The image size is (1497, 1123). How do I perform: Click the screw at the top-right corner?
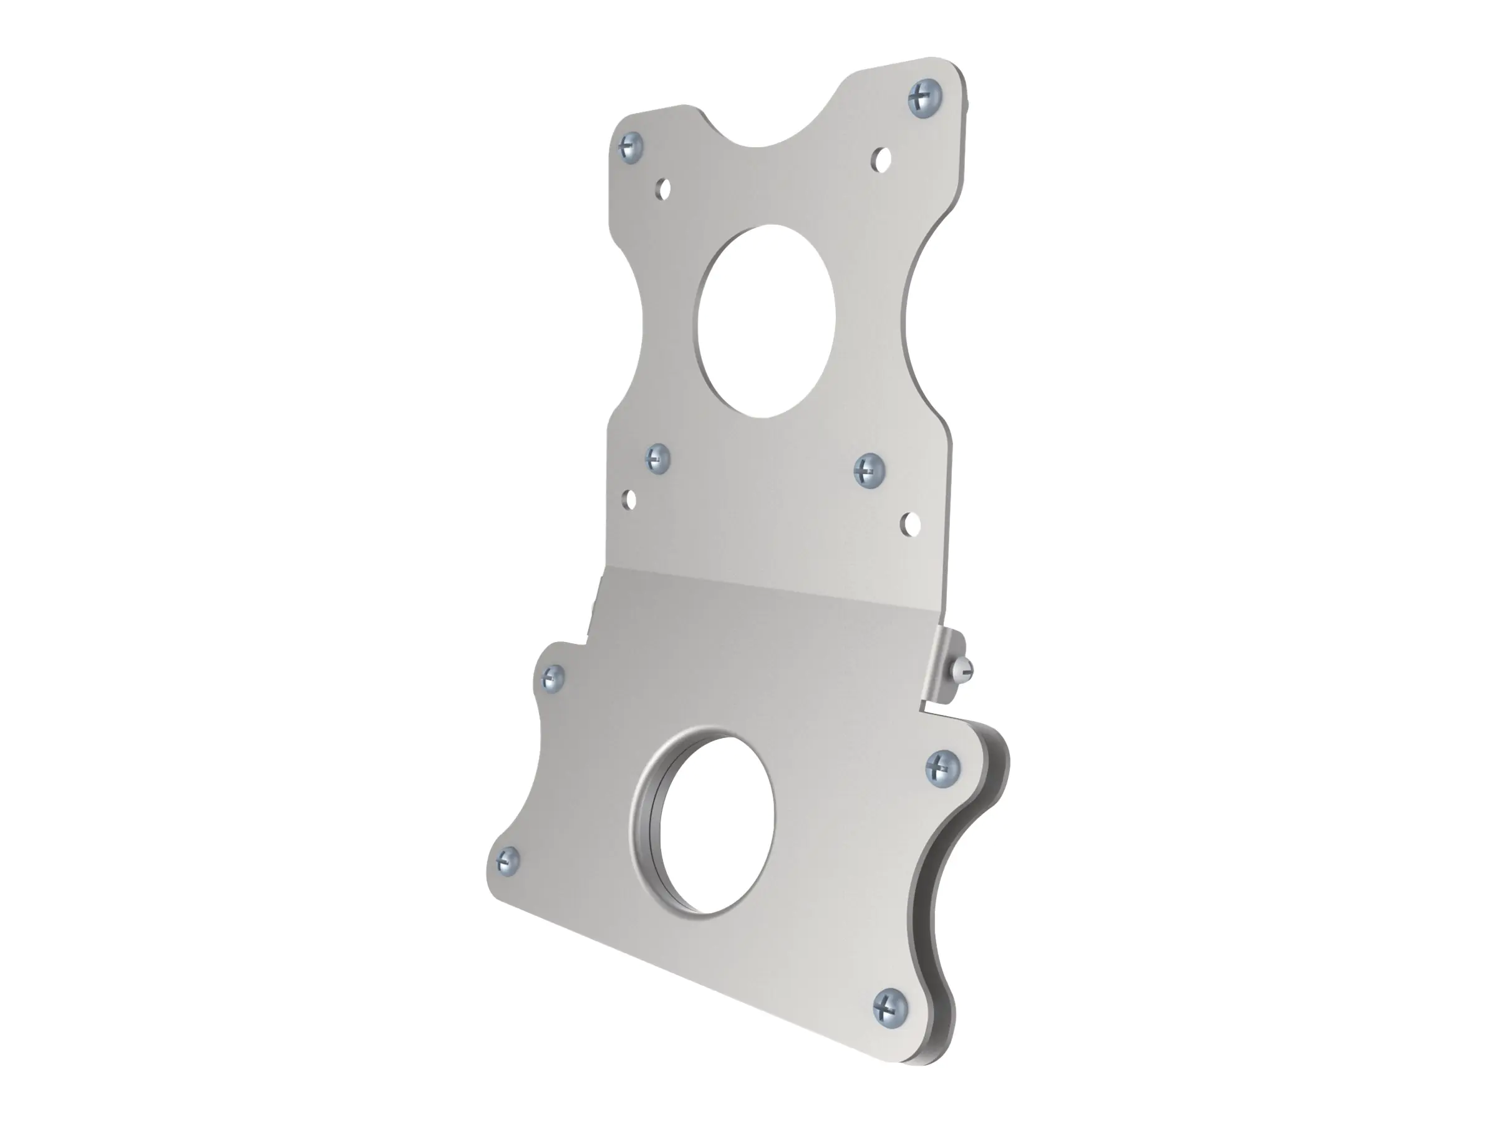coord(924,99)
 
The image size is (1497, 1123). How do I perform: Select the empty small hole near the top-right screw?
coord(881,160)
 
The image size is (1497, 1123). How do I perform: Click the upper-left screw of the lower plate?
coord(553,675)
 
